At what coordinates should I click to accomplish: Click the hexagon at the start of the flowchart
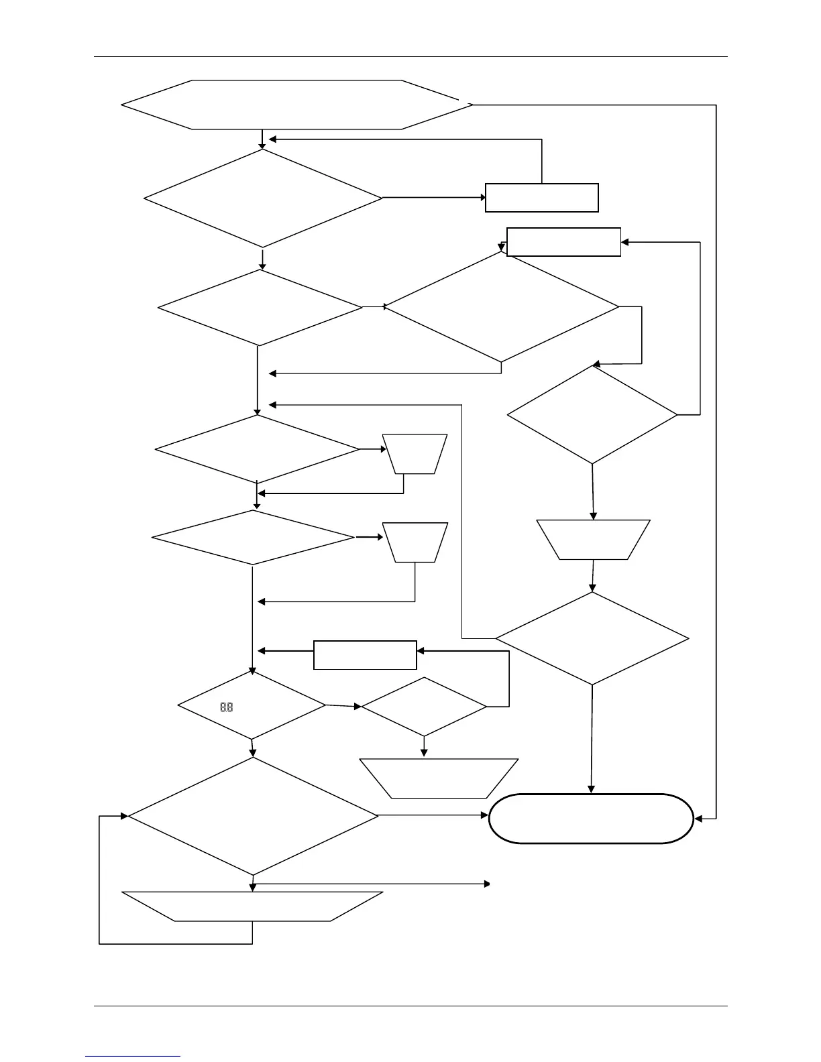click(x=295, y=105)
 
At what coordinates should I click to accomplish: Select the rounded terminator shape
click(x=591, y=818)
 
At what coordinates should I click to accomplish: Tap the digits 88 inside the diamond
click(x=227, y=707)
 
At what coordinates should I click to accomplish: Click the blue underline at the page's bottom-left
click(x=133, y=1057)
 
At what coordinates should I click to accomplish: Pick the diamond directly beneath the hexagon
click(x=262, y=198)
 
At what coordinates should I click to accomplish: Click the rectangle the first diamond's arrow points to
click(x=541, y=198)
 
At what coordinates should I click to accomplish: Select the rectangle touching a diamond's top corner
click(x=563, y=242)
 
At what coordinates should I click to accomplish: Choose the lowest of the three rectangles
click(x=365, y=655)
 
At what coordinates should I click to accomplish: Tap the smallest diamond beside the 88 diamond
click(x=423, y=707)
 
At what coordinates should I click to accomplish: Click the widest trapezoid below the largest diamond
click(x=253, y=906)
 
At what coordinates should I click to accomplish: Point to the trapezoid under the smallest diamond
click(x=439, y=778)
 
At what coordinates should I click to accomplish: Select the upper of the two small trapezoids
click(x=415, y=454)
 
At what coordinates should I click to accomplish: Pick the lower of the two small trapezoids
click(x=415, y=542)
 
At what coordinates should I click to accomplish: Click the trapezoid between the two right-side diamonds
click(x=594, y=540)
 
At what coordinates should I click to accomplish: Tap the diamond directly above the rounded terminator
click(x=592, y=638)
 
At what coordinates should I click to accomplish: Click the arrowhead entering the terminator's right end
click(x=698, y=819)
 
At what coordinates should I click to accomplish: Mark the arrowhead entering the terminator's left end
click(x=485, y=816)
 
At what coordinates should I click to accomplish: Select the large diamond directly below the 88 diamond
click(x=253, y=816)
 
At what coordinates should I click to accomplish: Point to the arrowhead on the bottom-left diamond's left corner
click(x=124, y=816)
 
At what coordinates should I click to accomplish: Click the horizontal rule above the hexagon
click(x=410, y=57)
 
